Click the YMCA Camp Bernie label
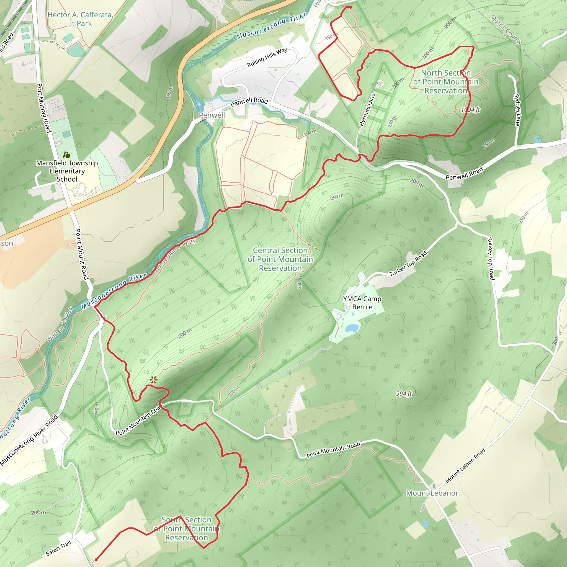click(x=362, y=303)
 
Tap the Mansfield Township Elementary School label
click(x=67, y=171)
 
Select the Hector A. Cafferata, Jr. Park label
click(x=80, y=19)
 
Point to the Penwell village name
click(x=212, y=115)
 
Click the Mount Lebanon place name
click(x=433, y=493)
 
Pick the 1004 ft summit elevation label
click(x=470, y=110)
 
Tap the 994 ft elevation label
click(x=404, y=394)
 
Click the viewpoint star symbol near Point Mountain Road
click(x=153, y=380)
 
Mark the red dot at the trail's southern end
click(x=96, y=560)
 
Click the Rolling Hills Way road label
click(x=267, y=57)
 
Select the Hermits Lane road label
click(x=367, y=109)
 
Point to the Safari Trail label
click(x=59, y=548)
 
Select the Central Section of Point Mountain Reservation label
click(x=280, y=259)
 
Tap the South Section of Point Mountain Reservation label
click(x=187, y=529)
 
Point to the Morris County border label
click(x=506, y=30)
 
